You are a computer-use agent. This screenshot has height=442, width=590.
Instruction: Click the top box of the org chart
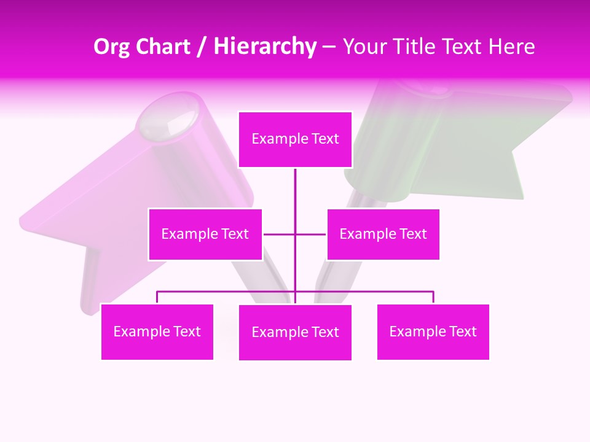(x=295, y=139)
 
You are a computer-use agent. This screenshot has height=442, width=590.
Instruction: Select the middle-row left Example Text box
(x=205, y=234)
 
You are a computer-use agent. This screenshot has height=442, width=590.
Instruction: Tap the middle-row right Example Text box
(x=383, y=234)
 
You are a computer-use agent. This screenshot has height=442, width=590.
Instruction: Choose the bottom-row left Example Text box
(x=157, y=331)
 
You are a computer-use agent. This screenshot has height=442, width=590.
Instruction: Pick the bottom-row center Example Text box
(x=295, y=332)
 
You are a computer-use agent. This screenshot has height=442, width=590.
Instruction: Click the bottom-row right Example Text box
(x=433, y=331)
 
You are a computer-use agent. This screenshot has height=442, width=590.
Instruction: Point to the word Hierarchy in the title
(x=265, y=47)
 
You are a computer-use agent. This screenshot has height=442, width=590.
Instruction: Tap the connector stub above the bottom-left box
(x=157, y=297)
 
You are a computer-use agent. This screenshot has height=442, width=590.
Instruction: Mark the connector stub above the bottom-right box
(x=433, y=297)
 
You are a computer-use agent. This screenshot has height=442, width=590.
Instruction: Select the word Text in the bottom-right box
(x=463, y=331)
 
